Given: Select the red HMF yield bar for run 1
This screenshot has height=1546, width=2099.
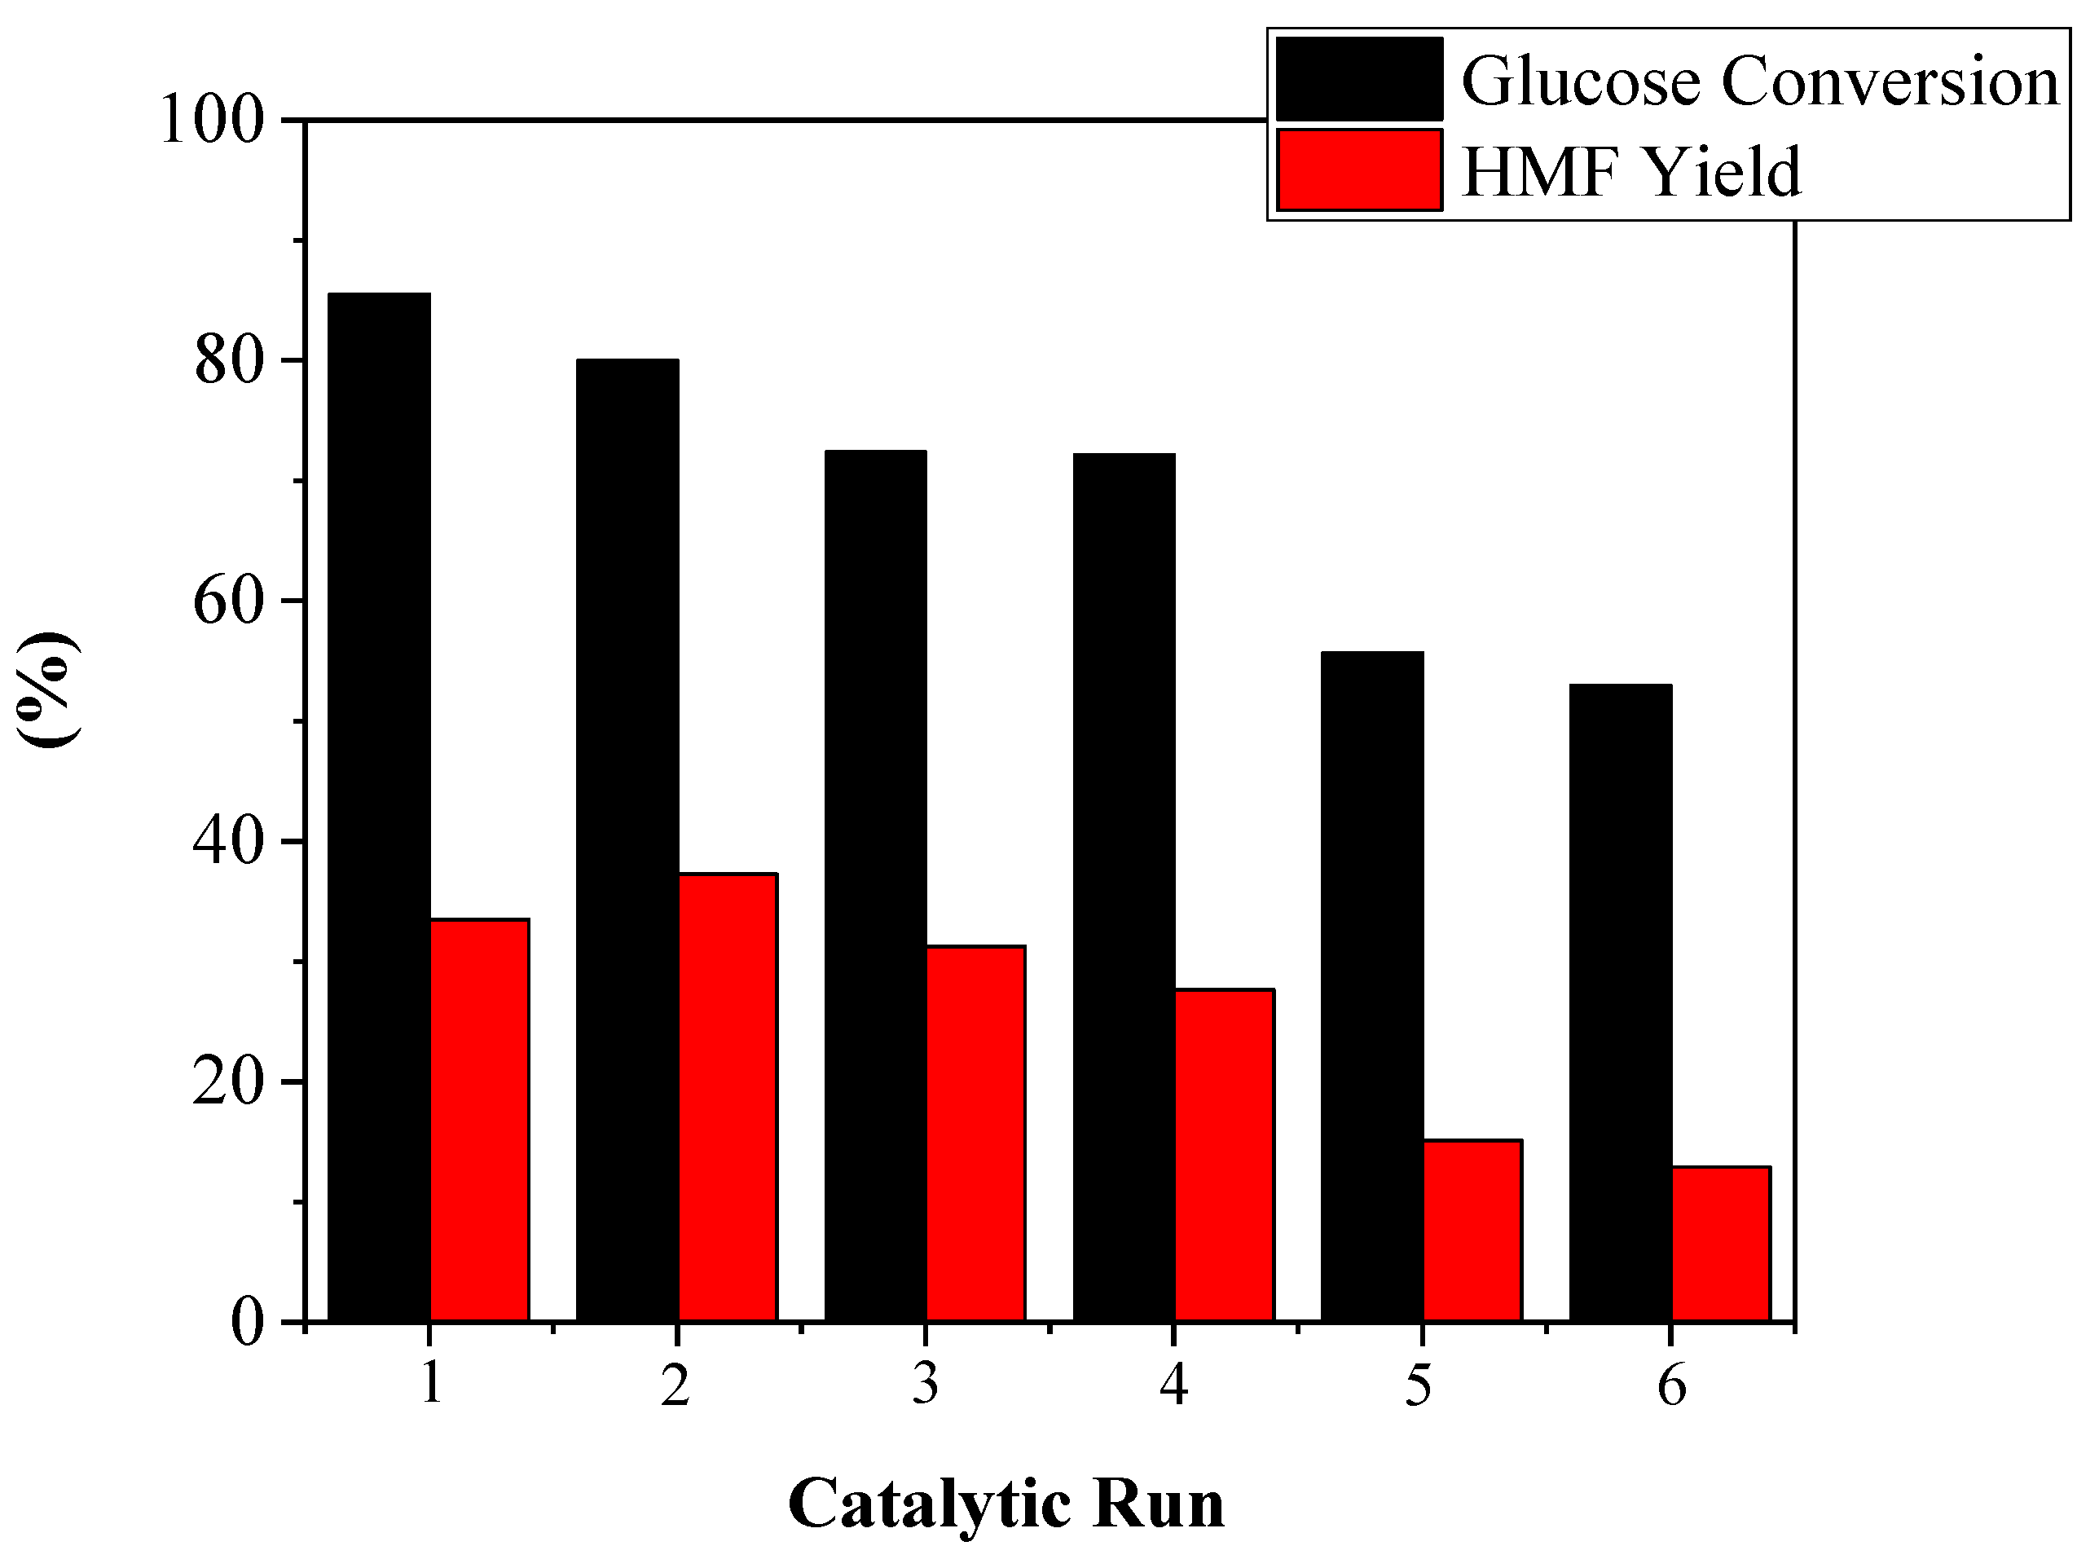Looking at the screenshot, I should click(479, 1119).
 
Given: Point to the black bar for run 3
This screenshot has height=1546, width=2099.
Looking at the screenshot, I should click(875, 885).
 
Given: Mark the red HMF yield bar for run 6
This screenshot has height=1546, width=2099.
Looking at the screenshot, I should click(1720, 1244).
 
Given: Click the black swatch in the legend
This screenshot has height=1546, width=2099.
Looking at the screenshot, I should click(1359, 80).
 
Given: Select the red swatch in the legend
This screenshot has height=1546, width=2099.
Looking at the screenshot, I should click(1359, 170).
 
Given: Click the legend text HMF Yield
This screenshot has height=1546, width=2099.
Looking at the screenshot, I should click(1630, 172).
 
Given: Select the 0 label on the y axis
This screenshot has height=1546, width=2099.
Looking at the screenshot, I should click(247, 1323).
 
